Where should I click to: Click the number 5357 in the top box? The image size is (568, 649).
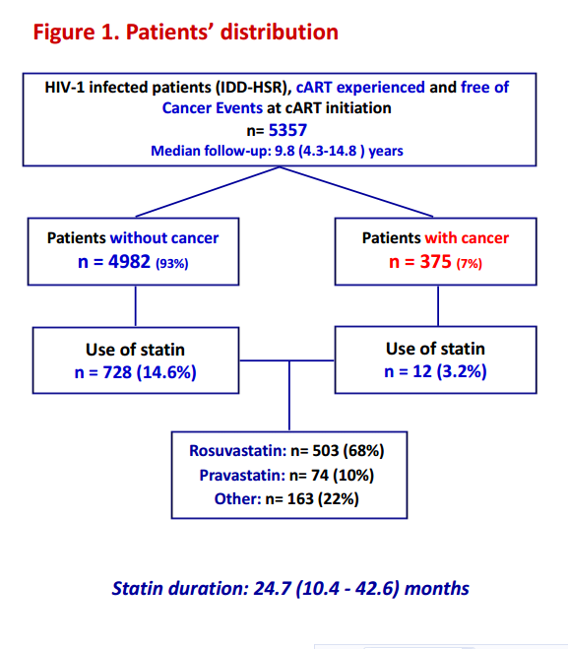click(287, 130)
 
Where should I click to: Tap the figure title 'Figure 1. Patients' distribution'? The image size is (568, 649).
click(186, 32)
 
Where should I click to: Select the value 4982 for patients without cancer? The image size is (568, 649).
click(129, 261)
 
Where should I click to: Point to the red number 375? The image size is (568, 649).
click(435, 261)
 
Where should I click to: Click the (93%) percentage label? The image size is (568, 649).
click(171, 263)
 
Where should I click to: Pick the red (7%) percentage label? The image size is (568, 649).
click(470, 263)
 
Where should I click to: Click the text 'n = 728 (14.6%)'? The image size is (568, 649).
click(135, 372)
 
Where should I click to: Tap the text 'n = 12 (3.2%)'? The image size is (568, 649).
click(435, 371)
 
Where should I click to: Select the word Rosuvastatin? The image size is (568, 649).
click(237, 450)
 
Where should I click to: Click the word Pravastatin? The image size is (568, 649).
click(242, 475)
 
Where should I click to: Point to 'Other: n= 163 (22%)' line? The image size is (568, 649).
click(286, 498)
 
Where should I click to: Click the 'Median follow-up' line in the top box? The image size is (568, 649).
click(277, 151)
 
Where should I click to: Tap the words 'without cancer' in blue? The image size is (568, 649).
click(164, 238)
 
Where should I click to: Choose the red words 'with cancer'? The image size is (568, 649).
click(467, 238)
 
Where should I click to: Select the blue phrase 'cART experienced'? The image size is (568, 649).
click(360, 88)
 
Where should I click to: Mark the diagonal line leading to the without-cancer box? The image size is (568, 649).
click(208, 192)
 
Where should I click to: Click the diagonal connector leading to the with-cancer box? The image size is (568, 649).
click(356, 192)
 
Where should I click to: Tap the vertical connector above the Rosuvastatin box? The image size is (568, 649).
click(289, 396)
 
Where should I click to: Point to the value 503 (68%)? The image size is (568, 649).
click(347, 450)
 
